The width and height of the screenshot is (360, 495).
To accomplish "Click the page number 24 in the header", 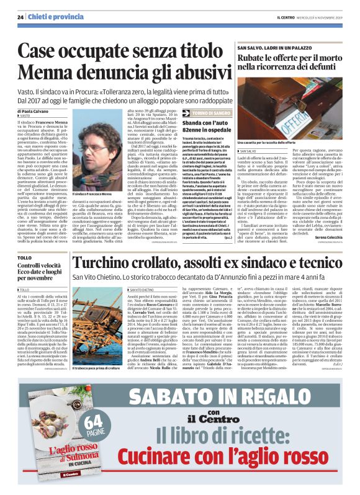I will coord(20,17).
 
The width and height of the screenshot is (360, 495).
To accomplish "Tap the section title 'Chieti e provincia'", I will coord(50,17).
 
